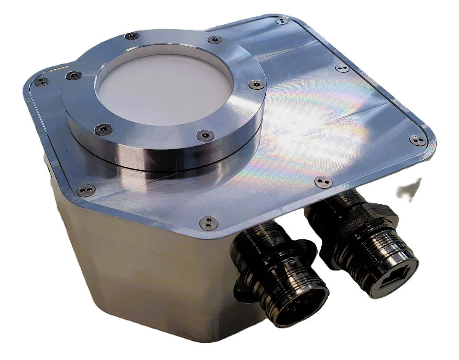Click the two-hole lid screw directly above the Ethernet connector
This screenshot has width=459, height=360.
click(x=323, y=182)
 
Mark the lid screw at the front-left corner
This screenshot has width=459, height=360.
click(x=86, y=190)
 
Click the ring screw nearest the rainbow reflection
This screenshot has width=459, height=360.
click(x=256, y=85)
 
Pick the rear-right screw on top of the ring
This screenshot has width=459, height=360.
click(x=214, y=40)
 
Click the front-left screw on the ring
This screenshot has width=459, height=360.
click(x=103, y=129)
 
